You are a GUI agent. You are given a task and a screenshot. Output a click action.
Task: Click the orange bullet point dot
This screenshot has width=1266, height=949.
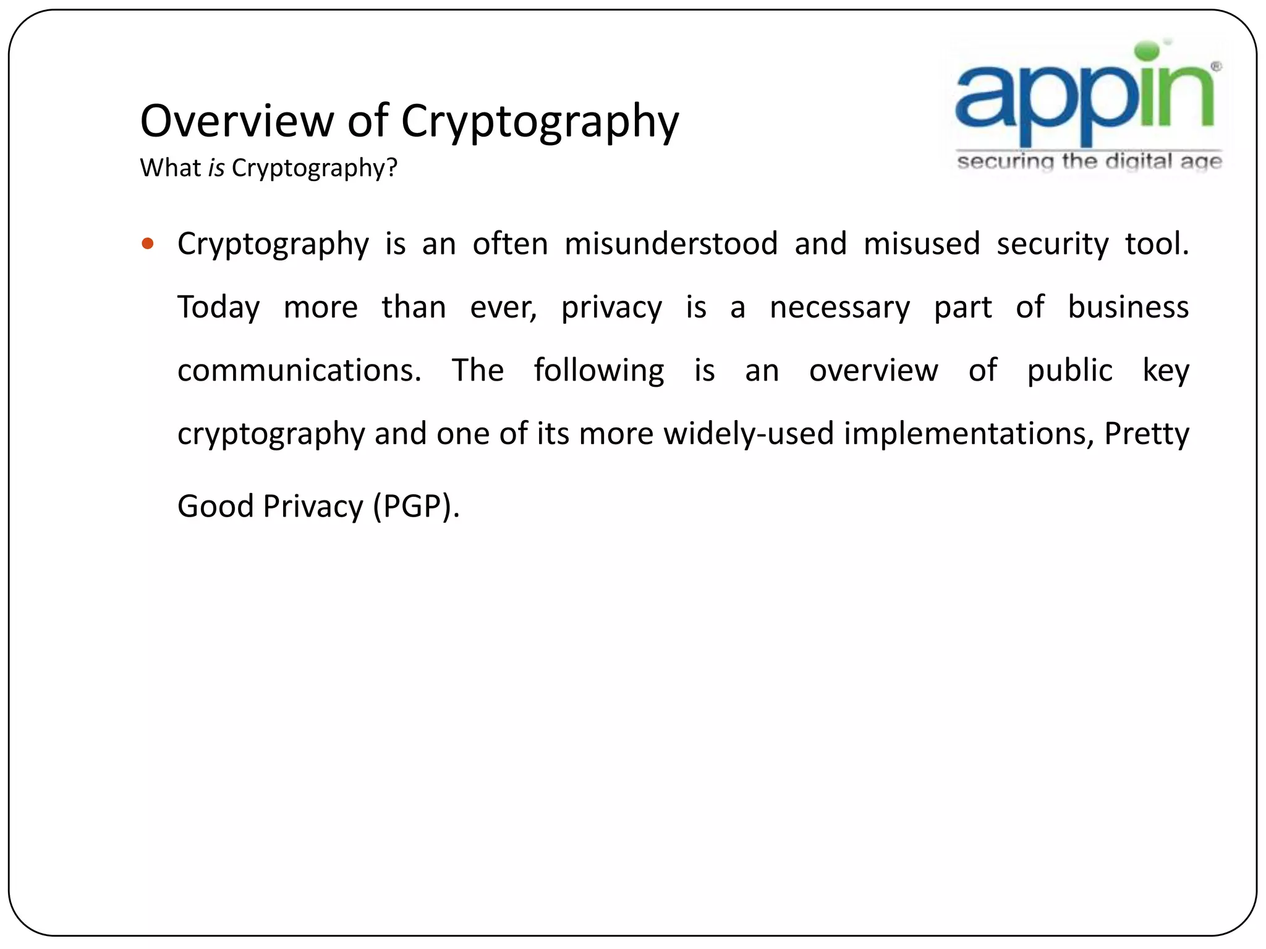point(147,243)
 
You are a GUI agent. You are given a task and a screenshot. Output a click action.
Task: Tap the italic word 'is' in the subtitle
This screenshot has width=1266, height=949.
point(216,168)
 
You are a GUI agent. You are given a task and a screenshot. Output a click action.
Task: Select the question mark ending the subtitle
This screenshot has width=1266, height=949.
point(392,168)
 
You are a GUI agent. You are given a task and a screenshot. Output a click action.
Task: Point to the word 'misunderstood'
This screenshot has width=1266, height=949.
point(671,243)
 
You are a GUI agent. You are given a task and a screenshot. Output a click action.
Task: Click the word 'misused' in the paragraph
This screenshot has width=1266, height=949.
point(921,243)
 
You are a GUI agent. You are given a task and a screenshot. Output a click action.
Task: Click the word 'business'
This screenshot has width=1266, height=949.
point(1128,307)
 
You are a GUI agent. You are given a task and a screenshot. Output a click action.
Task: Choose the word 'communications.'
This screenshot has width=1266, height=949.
point(299,371)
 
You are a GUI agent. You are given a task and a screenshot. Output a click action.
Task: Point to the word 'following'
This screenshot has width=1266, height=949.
point(599,371)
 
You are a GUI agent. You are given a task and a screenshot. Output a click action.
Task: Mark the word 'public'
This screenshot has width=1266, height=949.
point(1069,371)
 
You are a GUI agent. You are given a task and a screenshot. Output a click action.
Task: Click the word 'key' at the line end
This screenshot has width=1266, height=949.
point(1165,371)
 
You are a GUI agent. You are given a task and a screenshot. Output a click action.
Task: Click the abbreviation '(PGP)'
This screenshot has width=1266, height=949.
point(413,507)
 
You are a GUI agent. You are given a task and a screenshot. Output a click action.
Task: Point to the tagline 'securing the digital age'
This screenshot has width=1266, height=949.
point(1089,162)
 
